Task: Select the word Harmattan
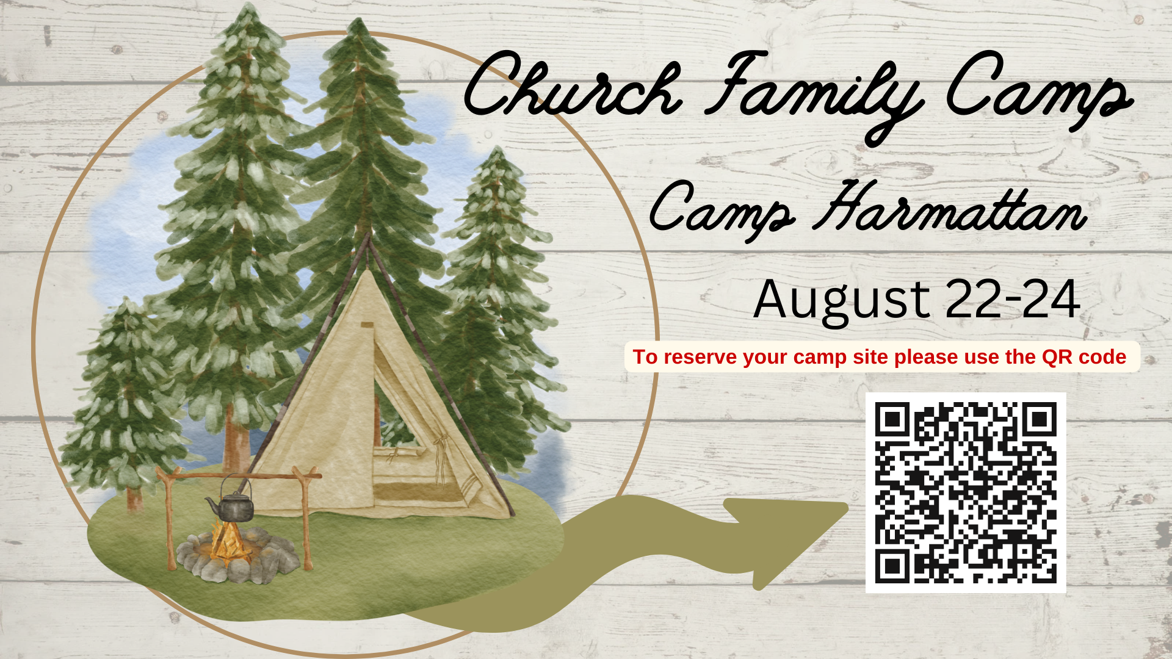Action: point(949,207)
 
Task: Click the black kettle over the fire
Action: point(231,504)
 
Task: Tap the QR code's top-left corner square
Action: point(893,420)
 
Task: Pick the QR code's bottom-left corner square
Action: point(893,566)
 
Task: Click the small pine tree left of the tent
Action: point(125,403)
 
